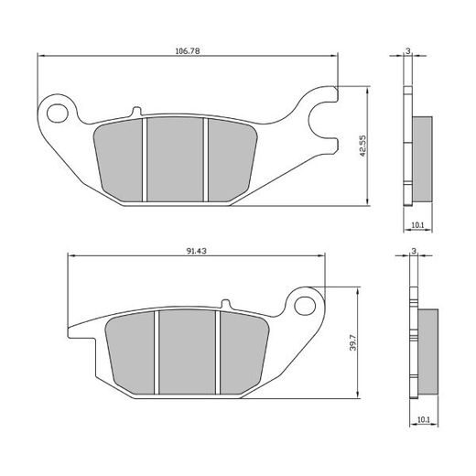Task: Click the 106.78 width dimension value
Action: [x=188, y=50]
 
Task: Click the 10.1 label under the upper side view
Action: [x=416, y=224]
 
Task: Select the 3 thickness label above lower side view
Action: [x=414, y=250]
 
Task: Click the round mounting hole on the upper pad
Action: [x=60, y=112]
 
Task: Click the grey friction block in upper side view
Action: [x=422, y=161]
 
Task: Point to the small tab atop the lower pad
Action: [x=222, y=305]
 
